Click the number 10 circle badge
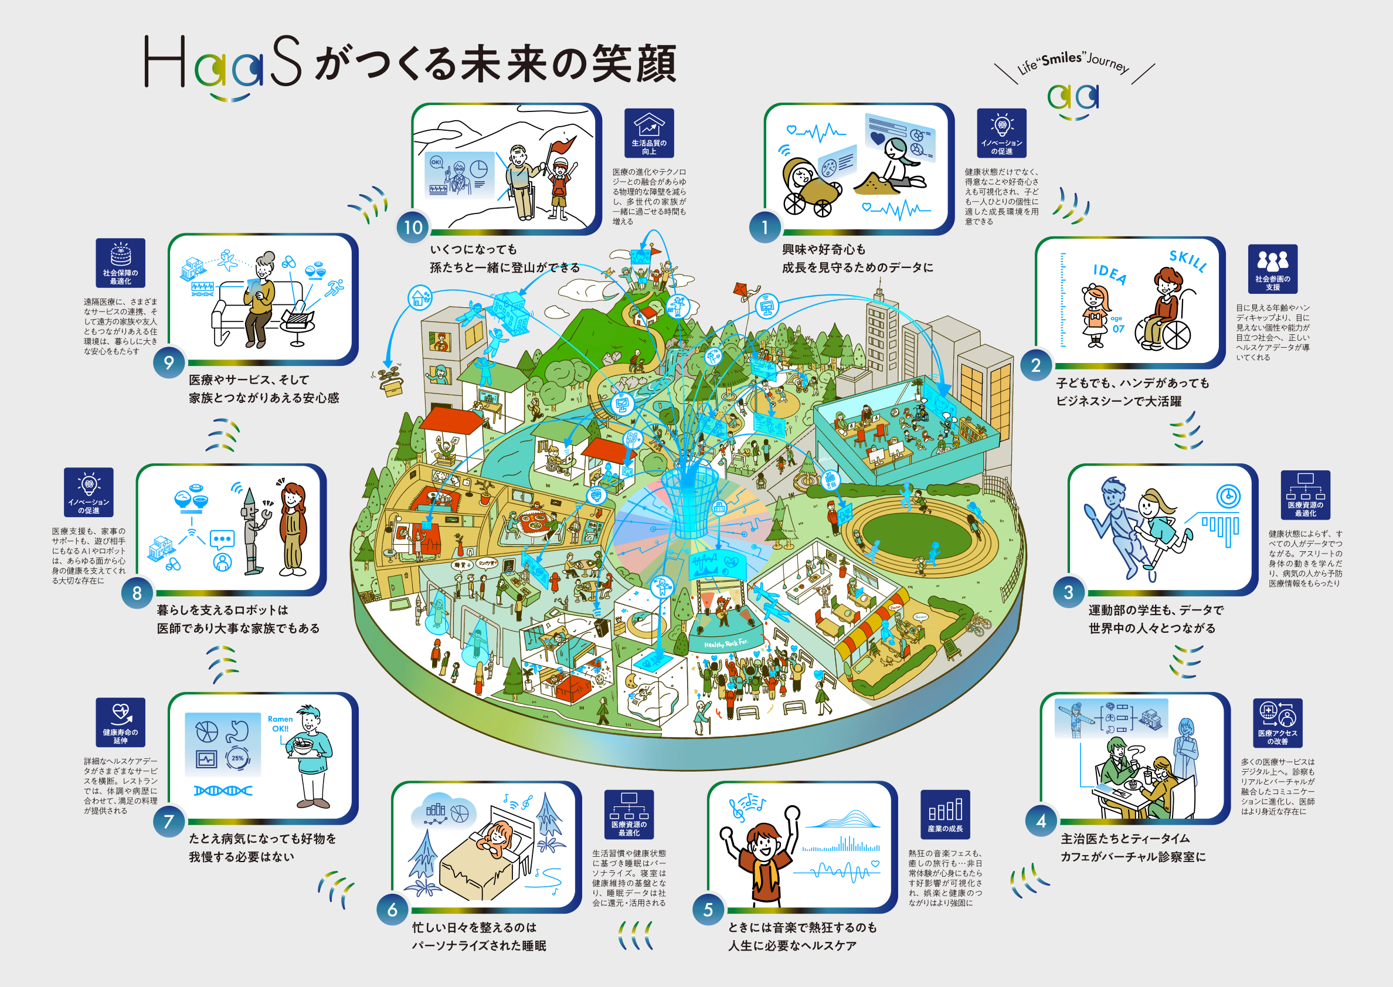point(413,228)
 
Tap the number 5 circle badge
point(708,909)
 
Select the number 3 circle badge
point(1068,592)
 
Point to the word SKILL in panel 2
point(1188,260)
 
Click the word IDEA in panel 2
point(1110,274)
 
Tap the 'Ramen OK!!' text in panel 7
point(280,723)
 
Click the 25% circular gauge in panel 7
point(237,758)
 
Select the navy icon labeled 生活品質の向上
point(649,133)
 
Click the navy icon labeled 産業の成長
point(944,814)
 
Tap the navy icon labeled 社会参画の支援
point(1272,268)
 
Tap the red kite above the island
point(743,291)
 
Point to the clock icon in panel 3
point(1228,496)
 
